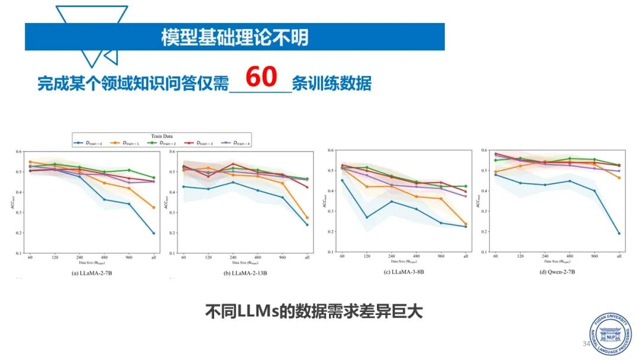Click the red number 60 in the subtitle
[x=261, y=78]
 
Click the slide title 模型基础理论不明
[x=235, y=37]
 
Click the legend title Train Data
[x=161, y=136]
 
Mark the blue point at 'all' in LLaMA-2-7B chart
[x=153, y=233]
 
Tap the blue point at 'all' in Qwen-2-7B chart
[x=619, y=233]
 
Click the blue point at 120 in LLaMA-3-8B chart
[x=367, y=217]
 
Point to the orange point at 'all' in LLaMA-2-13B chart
[x=306, y=217]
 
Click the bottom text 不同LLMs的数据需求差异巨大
[x=314, y=311]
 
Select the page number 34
[x=586, y=344]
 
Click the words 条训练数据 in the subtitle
[x=331, y=83]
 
